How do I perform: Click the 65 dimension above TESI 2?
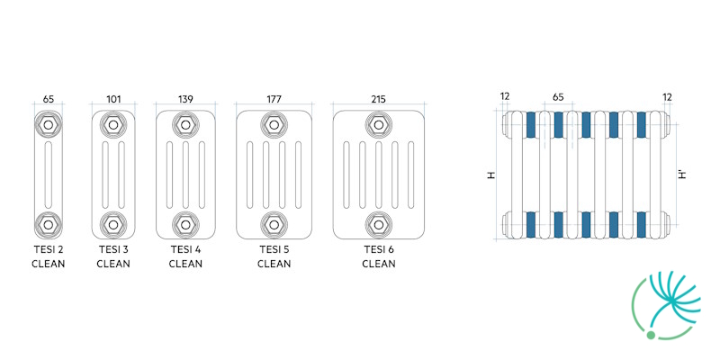click(49, 99)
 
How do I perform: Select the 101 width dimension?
click(113, 99)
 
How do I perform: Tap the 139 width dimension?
click(185, 99)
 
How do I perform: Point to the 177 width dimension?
click(274, 99)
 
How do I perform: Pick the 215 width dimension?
click(378, 99)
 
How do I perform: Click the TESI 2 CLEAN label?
click(49, 256)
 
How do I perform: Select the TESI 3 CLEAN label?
click(113, 256)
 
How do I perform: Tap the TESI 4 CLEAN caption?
click(185, 256)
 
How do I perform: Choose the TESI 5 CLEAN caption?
click(274, 256)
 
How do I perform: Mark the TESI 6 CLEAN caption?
click(378, 256)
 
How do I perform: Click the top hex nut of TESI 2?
click(49, 124)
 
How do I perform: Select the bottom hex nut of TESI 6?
click(378, 224)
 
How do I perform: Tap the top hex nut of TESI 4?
click(185, 124)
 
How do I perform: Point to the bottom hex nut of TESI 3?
click(113, 224)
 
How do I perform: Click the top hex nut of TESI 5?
click(274, 124)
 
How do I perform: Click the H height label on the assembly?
click(491, 175)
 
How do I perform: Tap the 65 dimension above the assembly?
click(557, 97)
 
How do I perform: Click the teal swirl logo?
click(667, 305)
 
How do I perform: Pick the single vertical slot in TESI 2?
click(49, 175)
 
